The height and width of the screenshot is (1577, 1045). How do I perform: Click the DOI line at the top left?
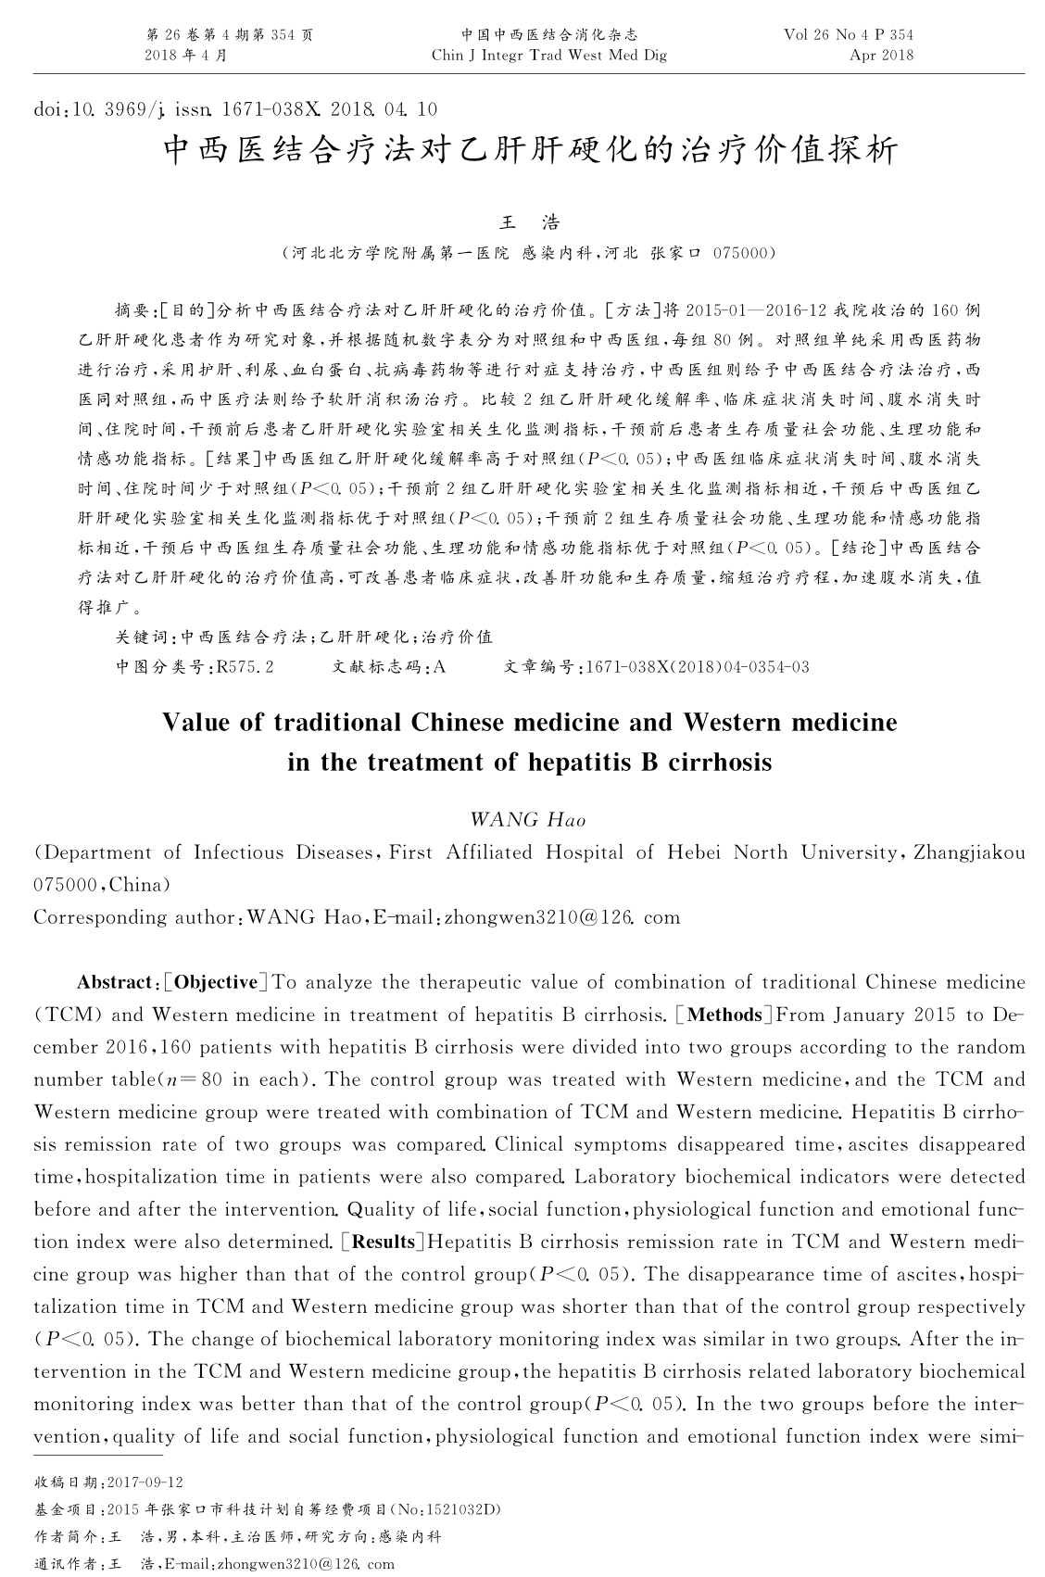pos(234,109)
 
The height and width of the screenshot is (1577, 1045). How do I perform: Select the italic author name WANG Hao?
pos(528,819)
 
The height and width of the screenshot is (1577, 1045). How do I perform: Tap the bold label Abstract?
pos(115,982)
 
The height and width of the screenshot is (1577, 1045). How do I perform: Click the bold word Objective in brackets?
pos(216,982)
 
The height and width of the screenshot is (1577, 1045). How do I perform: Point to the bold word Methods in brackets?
pos(725,1015)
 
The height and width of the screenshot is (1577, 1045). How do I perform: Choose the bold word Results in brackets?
pos(383,1242)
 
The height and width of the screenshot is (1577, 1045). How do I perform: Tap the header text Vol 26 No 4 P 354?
pos(848,34)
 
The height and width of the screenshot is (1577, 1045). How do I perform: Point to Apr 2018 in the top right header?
pos(881,55)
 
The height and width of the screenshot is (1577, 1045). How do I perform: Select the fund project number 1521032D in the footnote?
pos(458,1509)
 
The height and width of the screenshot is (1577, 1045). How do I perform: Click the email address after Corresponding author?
pos(562,917)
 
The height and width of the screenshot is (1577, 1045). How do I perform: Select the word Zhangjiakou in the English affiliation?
pos(969,852)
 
